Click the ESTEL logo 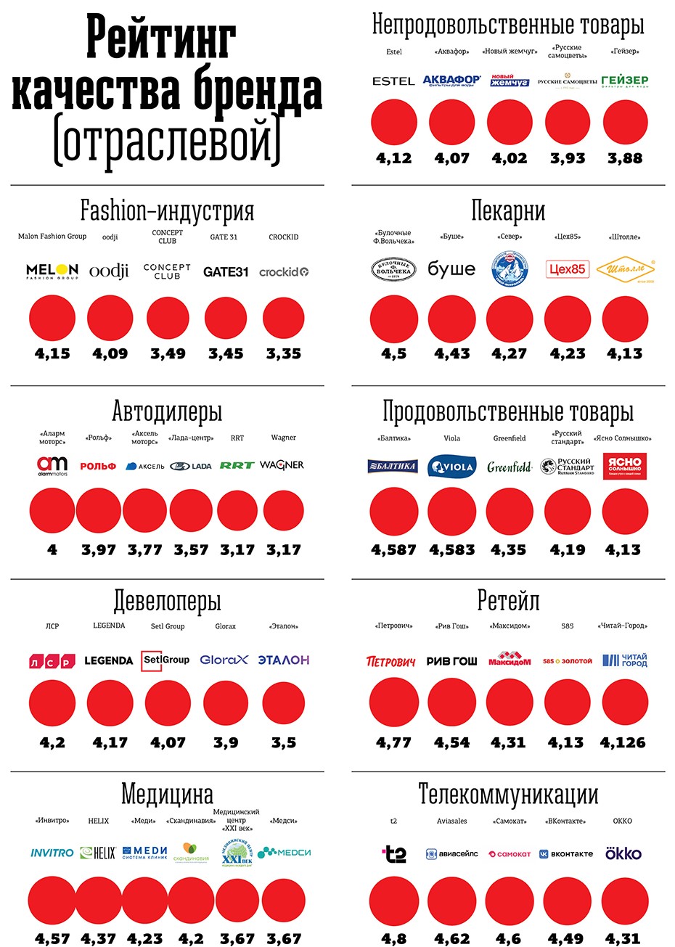click(393, 81)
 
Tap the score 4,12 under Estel click(393, 157)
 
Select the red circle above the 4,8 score click(393, 901)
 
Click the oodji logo click(109, 271)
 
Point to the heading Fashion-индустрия click(167, 211)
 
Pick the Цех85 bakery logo click(567, 269)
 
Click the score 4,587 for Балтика click(393, 549)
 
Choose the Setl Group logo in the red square click(165, 660)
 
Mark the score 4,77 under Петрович click(393, 742)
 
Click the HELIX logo click(98, 853)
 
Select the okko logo click(623, 853)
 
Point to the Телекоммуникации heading click(508, 795)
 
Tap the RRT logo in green click(237, 465)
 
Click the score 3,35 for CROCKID click(283, 353)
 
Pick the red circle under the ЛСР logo click(52, 703)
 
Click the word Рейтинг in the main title click(161, 38)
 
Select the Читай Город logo click(625, 660)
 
